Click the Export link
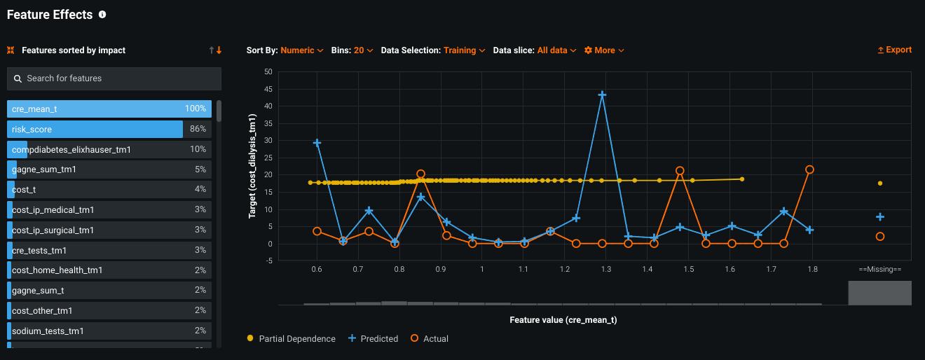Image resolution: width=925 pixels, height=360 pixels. [894, 50]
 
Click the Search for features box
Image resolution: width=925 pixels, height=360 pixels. [114, 78]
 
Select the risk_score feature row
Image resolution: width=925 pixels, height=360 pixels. [109, 130]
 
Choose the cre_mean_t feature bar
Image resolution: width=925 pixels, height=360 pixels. [109, 109]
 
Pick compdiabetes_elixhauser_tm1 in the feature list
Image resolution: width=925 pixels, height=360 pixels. [109, 150]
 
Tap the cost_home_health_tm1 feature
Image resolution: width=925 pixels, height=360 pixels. [109, 270]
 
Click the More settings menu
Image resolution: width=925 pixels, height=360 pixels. [604, 50]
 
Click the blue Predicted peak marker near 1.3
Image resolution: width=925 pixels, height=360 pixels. [602, 95]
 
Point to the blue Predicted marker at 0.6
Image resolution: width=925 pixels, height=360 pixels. [317, 143]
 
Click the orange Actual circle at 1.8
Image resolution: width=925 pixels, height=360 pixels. [809, 169]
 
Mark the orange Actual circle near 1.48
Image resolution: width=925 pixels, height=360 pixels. [680, 171]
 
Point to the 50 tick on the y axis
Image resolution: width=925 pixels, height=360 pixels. [268, 71]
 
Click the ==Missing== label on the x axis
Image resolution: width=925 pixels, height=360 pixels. [879, 269]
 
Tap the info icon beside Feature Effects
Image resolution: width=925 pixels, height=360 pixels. [102, 15]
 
